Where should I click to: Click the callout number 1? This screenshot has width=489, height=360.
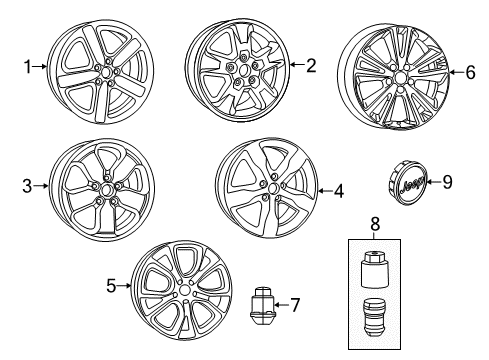pyautogui.click(x=27, y=67)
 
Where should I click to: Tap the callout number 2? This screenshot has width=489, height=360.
pyautogui.click(x=310, y=67)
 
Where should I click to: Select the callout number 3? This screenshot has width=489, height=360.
pyautogui.click(x=28, y=185)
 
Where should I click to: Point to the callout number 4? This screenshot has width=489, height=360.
pyautogui.click(x=339, y=190)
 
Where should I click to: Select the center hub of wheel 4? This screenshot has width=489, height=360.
pyautogui.click(x=271, y=190)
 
